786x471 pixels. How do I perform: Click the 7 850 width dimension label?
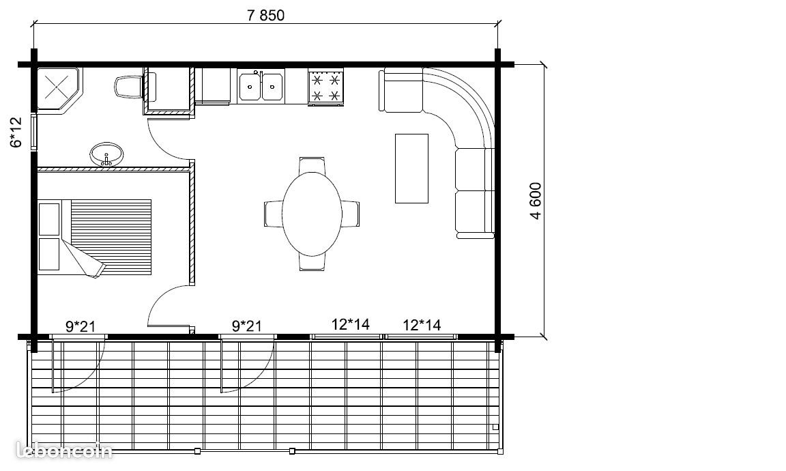pyautogui.click(x=265, y=16)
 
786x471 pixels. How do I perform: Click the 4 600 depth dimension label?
pyautogui.click(x=535, y=201)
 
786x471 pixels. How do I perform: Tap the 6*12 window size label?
pyautogui.click(x=16, y=132)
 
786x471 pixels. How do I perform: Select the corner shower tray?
pyautogui.click(x=57, y=89)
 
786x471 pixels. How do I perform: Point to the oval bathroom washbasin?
pyautogui.click(x=106, y=154)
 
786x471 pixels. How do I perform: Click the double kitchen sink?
pyautogui.click(x=261, y=86)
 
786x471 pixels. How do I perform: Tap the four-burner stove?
pyautogui.click(x=326, y=87)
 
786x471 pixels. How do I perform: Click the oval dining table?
pyautogui.click(x=312, y=214)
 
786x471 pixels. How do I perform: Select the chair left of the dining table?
pyautogui.click(x=274, y=214)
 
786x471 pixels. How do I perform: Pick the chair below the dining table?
pyautogui.click(x=312, y=262)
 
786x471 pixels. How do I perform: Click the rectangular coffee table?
pyautogui.click(x=411, y=169)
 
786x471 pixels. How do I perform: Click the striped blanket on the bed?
pyautogui.click(x=111, y=235)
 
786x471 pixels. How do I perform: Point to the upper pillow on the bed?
pyautogui.click(x=49, y=219)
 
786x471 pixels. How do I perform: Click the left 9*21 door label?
pyautogui.click(x=81, y=326)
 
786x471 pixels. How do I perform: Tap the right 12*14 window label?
pyautogui.click(x=422, y=325)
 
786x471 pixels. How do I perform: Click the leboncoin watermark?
pyautogui.click(x=64, y=451)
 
